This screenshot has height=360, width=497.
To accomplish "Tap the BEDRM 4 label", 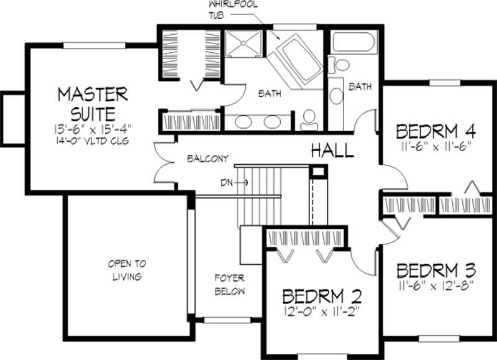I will click(x=435, y=132).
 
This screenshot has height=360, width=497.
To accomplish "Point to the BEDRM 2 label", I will click(x=321, y=295).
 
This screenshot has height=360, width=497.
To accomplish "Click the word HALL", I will click(x=332, y=150).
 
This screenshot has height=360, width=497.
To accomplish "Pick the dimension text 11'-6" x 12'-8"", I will click(x=435, y=286).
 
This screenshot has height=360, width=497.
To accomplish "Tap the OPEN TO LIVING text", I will click(x=126, y=270).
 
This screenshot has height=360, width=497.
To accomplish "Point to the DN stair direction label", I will click(x=227, y=182).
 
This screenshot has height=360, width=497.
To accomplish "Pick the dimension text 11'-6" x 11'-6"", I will click(x=435, y=147).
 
